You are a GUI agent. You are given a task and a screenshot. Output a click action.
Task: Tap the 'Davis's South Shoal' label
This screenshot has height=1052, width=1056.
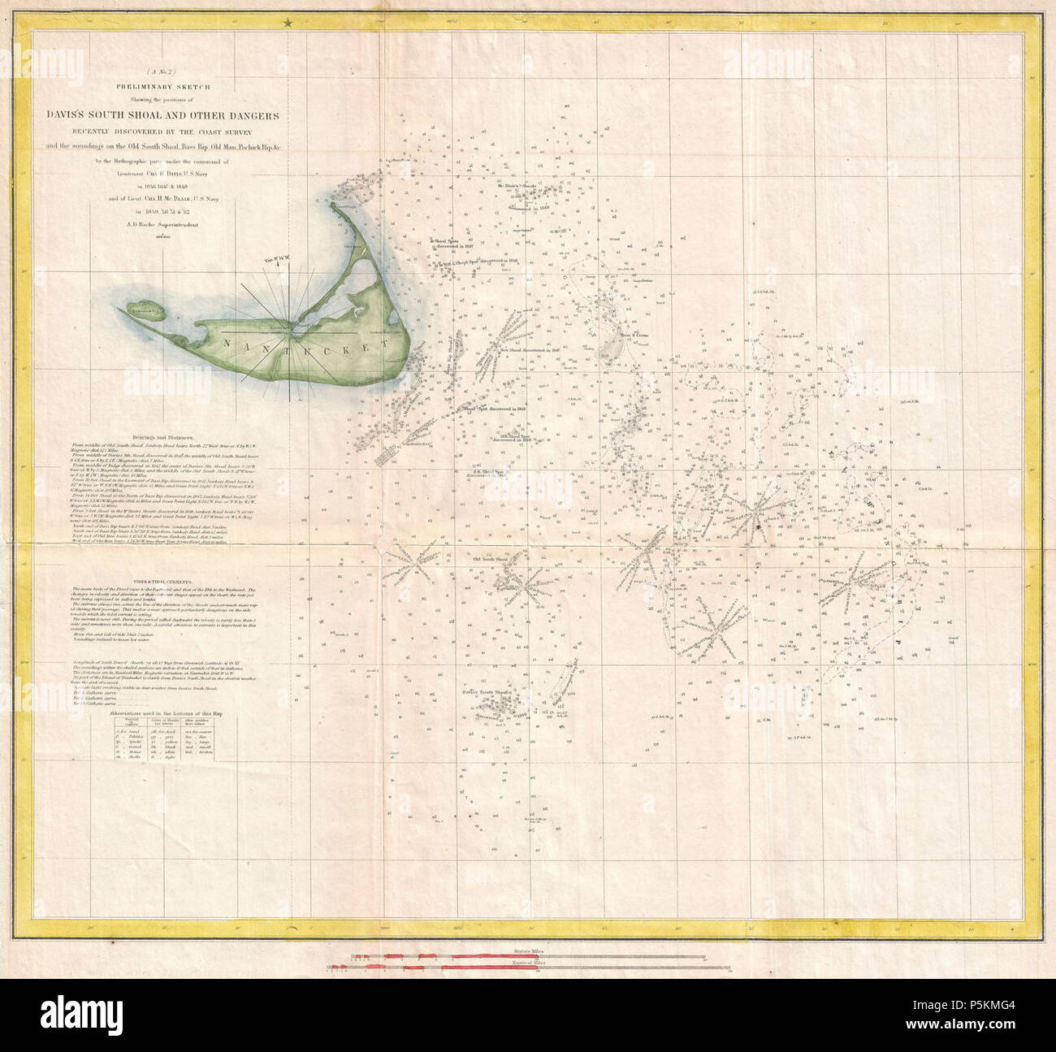point(485,693)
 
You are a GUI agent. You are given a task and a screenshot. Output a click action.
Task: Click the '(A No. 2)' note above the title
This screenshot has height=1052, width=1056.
point(189,73)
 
